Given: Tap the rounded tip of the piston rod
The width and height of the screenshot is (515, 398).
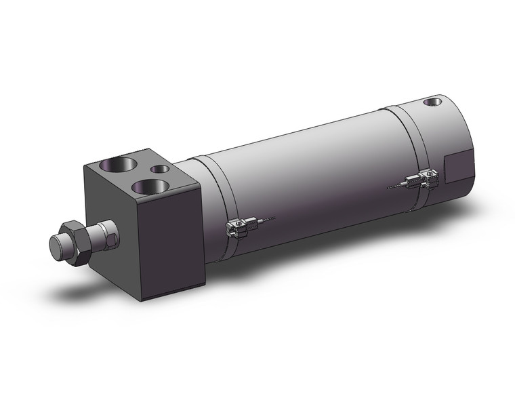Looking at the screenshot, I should tap(57, 245).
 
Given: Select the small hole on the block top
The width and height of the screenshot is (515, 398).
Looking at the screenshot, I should tap(160, 170).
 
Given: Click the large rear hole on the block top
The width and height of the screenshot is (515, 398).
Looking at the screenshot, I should tap(113, 165).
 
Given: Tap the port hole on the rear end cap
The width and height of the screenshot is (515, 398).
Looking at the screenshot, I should tap(430, 102).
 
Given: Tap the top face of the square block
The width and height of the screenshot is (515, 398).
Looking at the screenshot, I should tap(136, 173).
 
